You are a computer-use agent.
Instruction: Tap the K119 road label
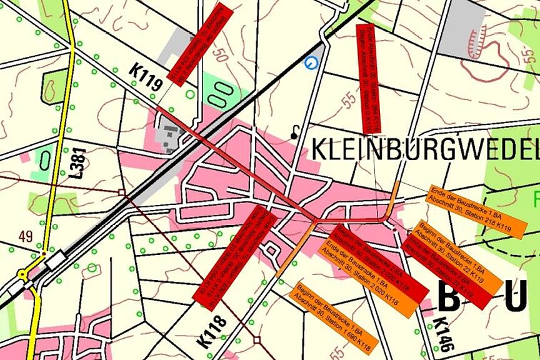pyautogui.click(x=147, y=77)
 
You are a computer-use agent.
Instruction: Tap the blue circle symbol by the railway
pyautogui.click(x=311, y=62)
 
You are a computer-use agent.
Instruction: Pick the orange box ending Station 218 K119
pyautogui.click(x=468, y=211)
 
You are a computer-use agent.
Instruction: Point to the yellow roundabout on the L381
pyautogui.click(x=24, y=274)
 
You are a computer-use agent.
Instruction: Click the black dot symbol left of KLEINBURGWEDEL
pyautogui.click(x=294, y=134)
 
